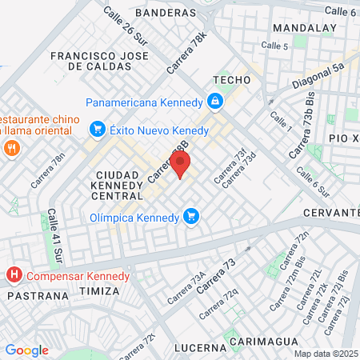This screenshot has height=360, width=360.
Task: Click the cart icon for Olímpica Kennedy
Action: [x=190, y=216]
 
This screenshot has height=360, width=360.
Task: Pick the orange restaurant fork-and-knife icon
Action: [x=11, y=148]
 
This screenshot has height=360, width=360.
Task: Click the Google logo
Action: [x=26, y=350]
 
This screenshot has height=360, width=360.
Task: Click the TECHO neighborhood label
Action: [x=232, y=81]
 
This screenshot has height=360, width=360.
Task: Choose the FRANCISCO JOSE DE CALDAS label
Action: [x=99, y=62]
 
